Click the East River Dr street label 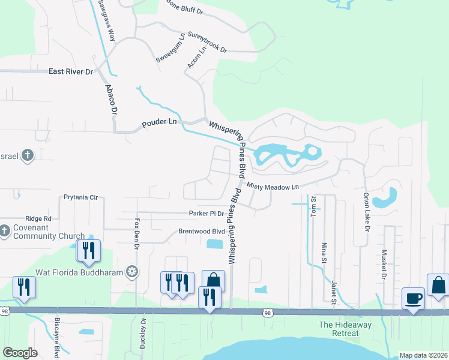pos(71,71)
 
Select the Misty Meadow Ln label pos(273,187)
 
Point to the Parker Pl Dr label pos(206,213)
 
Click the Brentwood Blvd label pos(201,231)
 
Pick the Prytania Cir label pos(80,197)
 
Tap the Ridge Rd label pos(38,219)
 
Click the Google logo pos(20,353)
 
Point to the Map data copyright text pos(423,355)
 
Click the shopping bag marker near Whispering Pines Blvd pos(213,280)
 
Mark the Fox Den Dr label pos(137,235)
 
